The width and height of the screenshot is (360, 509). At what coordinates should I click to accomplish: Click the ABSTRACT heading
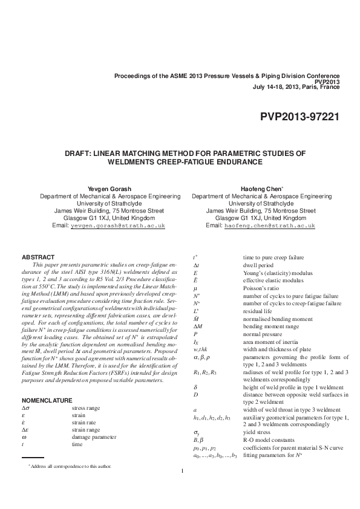coord(38,257)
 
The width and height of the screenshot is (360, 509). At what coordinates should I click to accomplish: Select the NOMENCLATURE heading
coord(47,400)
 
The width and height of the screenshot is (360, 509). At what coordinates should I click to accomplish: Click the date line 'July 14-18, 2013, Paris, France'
coord(296,86)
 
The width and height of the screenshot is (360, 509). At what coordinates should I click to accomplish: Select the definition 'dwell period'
coord(258,265)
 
